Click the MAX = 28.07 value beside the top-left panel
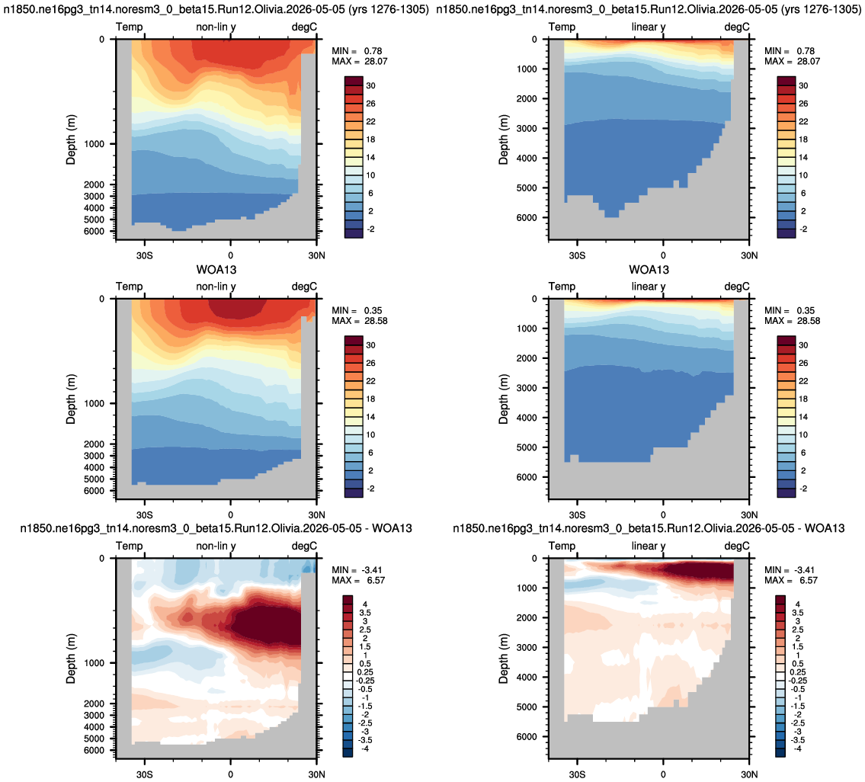(x=360, y=61)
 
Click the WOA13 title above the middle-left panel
(x=216, y=270)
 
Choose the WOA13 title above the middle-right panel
(x=649, y=270)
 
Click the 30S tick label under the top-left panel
(x=145, y=255)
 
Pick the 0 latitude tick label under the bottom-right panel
(x=663, y=774)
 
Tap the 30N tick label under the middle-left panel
(x=316, y=515)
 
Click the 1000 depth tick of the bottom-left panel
(x=94, y=663)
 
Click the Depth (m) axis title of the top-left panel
(x=71, y=139)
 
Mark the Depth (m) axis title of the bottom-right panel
(x=503, y=659)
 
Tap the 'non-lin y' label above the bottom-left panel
(x=216, y=546)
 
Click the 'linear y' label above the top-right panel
(x=649, y=27)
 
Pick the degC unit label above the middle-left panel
(x=305, y=287)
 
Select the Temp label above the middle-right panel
(x=562, y=287)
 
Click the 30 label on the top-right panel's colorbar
(x=803, y=85)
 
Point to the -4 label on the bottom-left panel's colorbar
(x=364, y=749)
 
